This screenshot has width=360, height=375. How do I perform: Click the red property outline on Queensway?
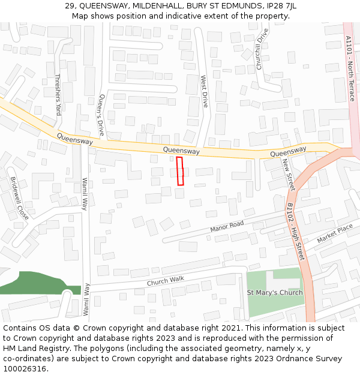[x=180, y=171]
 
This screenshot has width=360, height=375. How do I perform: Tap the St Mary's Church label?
[x=275, y=293]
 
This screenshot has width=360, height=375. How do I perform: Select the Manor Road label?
[x=227, y=227]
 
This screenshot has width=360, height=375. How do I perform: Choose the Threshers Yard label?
[x=58, y=94]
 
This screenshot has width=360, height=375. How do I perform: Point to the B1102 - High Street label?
[x=296, y=231]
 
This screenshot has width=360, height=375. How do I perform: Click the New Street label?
[x=289, y=175]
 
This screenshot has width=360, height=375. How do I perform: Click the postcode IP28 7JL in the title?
[x=281, y=6]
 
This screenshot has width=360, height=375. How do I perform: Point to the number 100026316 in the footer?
[x=24, y=369]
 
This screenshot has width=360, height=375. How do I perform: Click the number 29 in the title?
[x=70, y=6]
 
